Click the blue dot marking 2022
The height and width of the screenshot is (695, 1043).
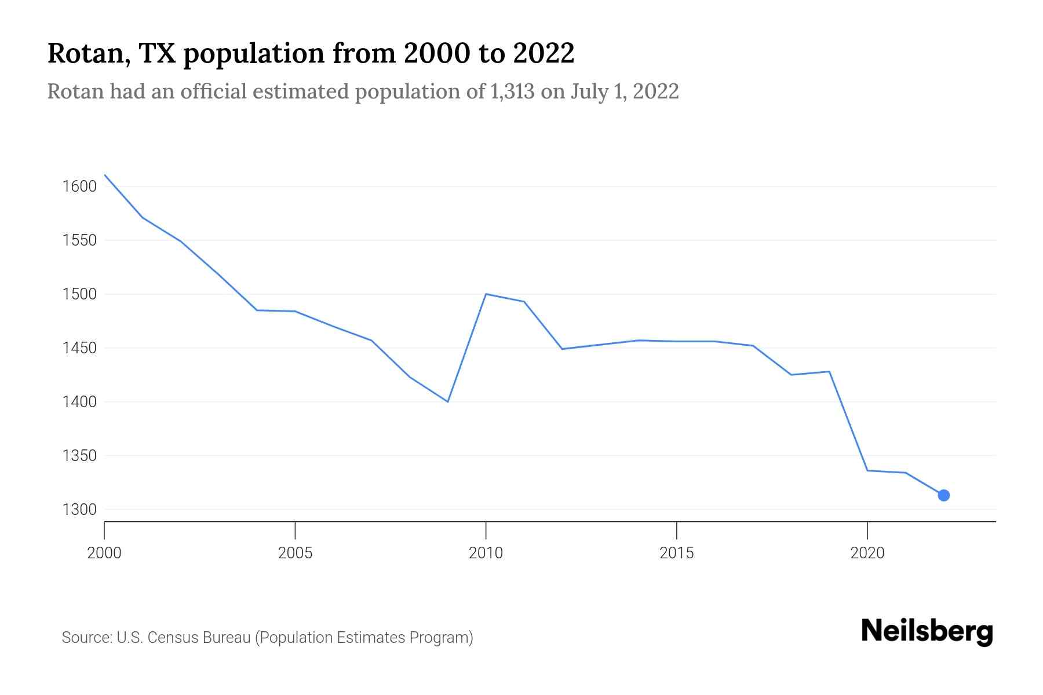pyautogui.click(x=943, y=495)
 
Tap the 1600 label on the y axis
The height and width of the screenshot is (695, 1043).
pyautogui.click(x=79, y=186)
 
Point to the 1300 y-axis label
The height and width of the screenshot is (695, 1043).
pyautogui.click(x=79, y=510)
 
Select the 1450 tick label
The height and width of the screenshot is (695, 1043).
pyautogui.click(x=79, y=348)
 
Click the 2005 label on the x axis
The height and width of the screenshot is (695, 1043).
pyautogui.click(x=295, y=553)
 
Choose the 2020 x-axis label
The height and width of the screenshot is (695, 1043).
pyautogui.click(x=867, y=553)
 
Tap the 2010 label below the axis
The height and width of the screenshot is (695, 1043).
pyautogui.click(x=486, y=553)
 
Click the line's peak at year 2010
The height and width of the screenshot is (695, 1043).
pyautogui.click(x=486, y=294)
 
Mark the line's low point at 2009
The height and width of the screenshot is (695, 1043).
pyautogui.click(x=448, y=401)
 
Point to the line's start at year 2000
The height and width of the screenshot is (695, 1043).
pyautogui.click(x=105, y=175)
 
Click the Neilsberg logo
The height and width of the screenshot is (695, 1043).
pyautogui.click(x=927, y=631)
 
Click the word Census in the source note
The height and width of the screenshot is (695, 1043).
pyautogui.click(x=173, y=638)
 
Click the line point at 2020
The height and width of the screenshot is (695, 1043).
pyautogui.click(x=867, y=470)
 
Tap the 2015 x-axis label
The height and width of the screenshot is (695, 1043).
pyautogui.click(x=676, y=553)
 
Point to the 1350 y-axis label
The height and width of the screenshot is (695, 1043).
pyautogui.click(x=79, y=456)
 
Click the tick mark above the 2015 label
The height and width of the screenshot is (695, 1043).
pyautogui.click(x=677, y=529)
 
